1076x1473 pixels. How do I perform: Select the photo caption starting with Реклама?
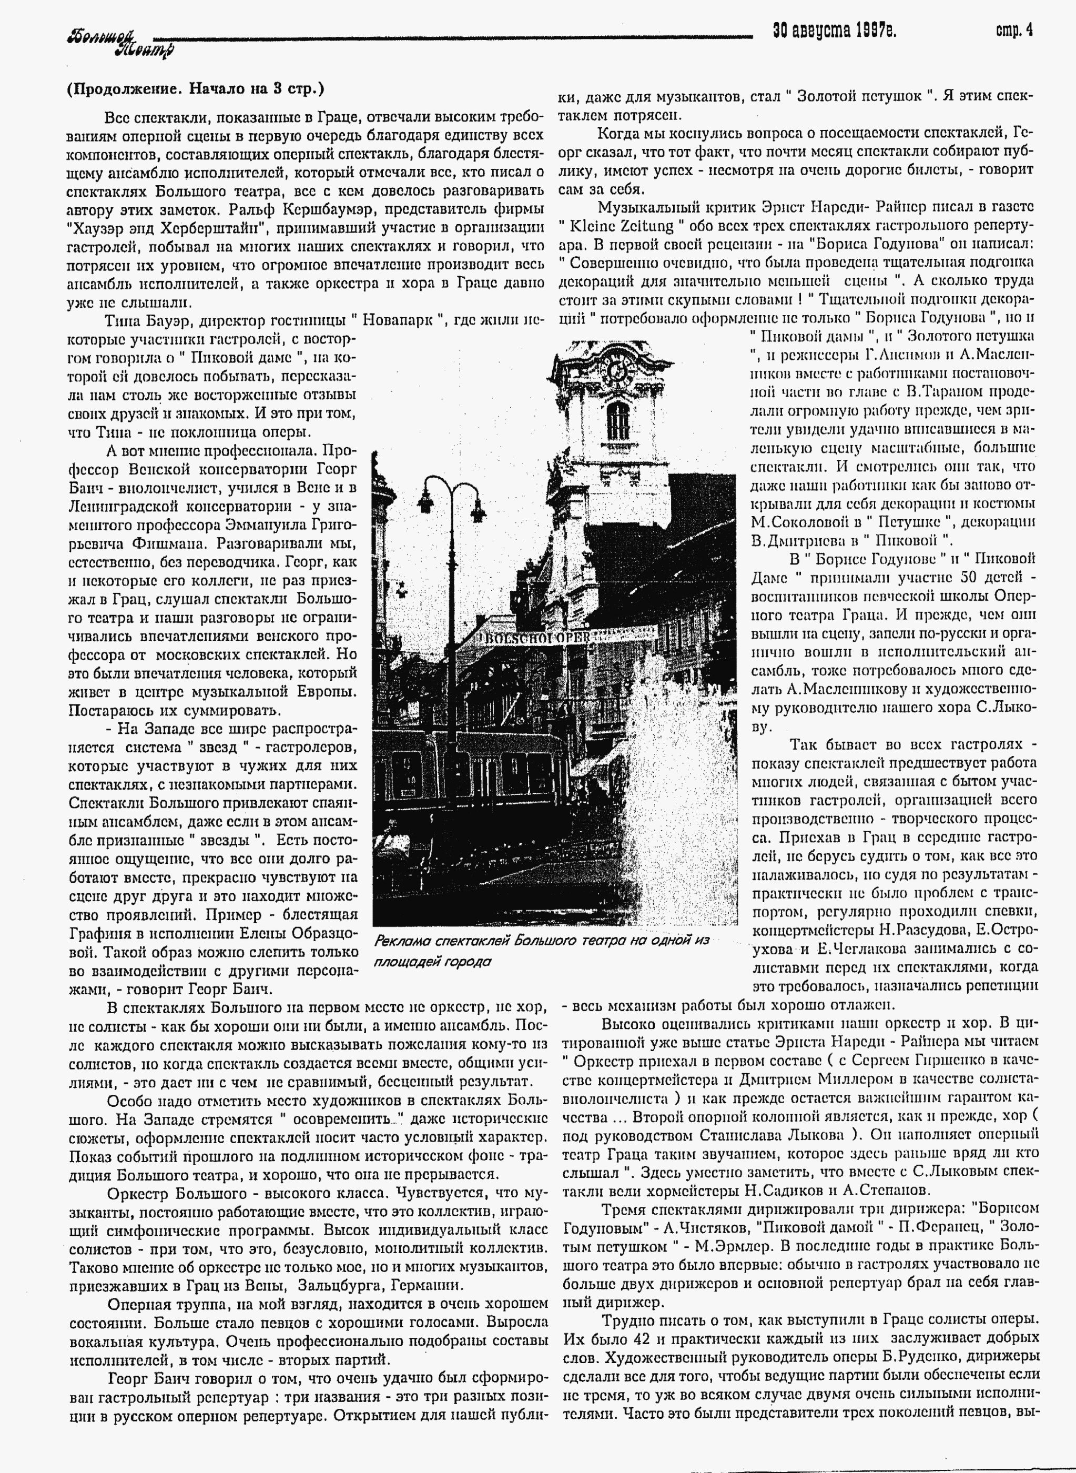541,951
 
